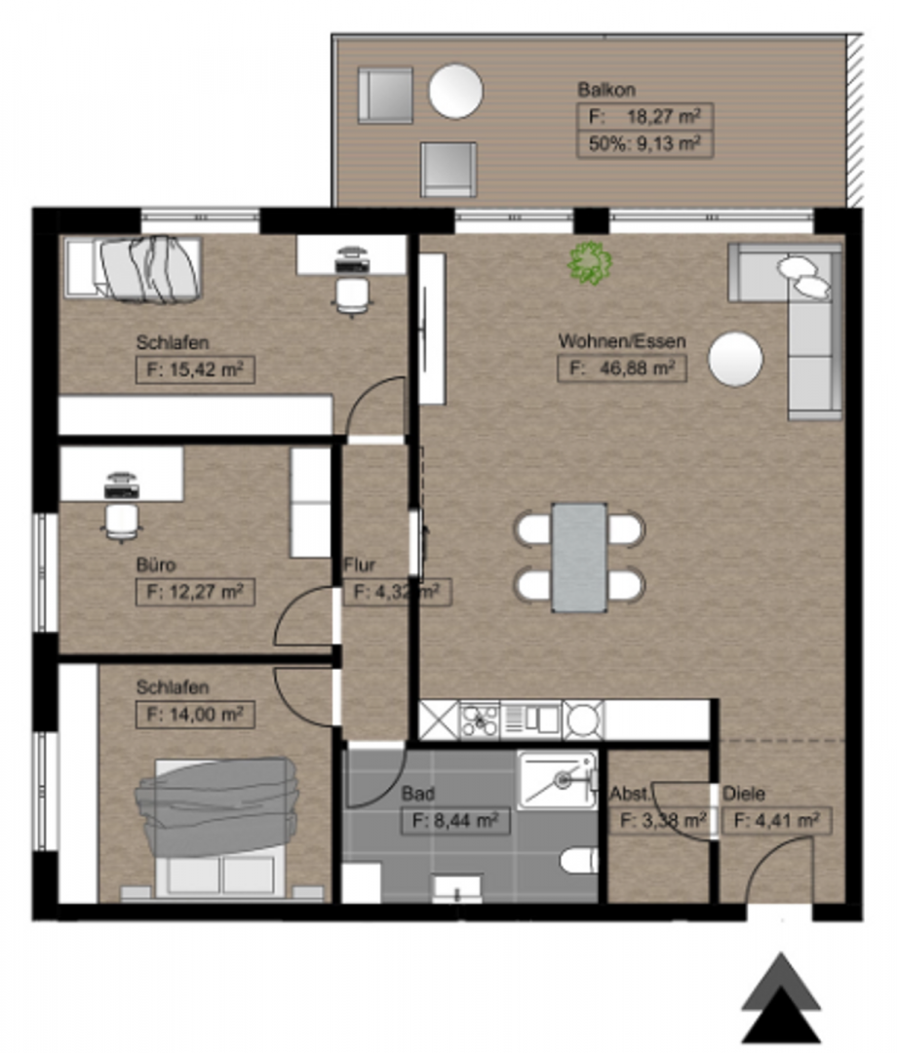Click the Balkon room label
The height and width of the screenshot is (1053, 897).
(x=606, y=90)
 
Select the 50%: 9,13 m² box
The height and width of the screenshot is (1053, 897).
(x=644, y=143)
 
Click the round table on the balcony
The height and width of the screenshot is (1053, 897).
(x=456, y=92)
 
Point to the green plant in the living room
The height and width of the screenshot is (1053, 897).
(x=590, y=262)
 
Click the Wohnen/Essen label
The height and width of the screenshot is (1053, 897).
(x=622, y=341)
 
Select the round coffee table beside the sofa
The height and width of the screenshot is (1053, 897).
(x=736, y=359)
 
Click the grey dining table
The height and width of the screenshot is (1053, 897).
(x=579, y=558)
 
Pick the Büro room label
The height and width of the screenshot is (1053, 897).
(x=156, y=565)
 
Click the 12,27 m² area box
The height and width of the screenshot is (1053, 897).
(x=195, y=593)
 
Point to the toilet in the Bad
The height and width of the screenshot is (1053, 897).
(x=578, y=860)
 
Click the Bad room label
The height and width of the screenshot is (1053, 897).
(x=417, y=793)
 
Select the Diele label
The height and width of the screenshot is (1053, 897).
(x=743, y=793)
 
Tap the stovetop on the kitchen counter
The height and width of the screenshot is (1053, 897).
(x=480, y=721)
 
